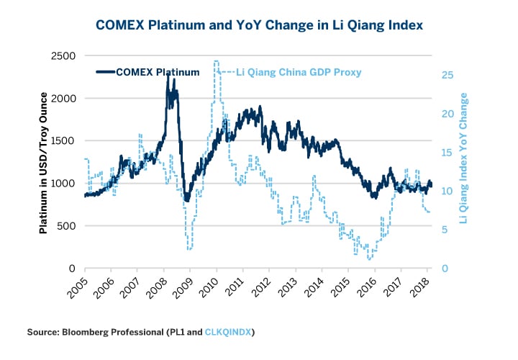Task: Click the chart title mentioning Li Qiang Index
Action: pos(258,25)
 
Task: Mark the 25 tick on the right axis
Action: pos(447,76)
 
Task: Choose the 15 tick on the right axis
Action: pos(447,153)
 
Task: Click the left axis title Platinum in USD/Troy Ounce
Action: pos(43,162)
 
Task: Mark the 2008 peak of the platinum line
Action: pos(168,73)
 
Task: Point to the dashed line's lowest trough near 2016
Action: pos(370,259)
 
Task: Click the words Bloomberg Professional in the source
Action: pos(104,331)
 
